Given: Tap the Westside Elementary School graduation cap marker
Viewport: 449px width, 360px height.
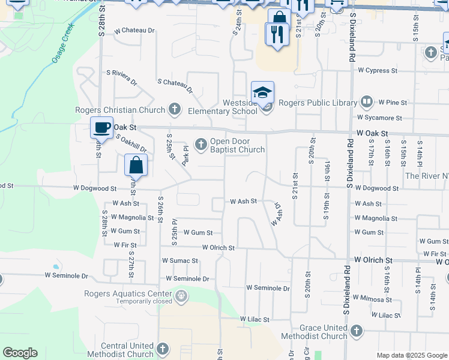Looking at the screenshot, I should [x=262, y=93].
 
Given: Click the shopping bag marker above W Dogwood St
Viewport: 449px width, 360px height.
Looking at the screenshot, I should [x=136, y=165].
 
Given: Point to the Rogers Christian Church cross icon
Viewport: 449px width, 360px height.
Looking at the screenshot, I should [x=174, y=109].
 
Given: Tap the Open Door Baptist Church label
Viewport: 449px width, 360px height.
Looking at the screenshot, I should [x=237, y=146].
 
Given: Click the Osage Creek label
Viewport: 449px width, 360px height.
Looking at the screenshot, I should [x=63, y=43].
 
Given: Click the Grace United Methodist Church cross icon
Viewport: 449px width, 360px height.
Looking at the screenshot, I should [x=356, y=331].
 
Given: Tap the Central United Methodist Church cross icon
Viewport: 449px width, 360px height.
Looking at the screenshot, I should [x=163, y=348].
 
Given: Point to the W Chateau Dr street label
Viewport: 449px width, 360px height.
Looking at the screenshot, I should [x=134, y=30].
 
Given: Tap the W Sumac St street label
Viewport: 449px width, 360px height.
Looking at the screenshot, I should [x=179, y=261].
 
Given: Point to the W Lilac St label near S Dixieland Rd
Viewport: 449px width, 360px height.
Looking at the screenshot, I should [x=382, y=315].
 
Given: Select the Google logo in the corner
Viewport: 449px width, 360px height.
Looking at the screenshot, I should [x=20, y=353].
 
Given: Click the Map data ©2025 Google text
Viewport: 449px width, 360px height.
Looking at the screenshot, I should [x=411, y=355].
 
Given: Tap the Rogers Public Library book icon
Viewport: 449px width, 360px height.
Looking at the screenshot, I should [x=367, y=102].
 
